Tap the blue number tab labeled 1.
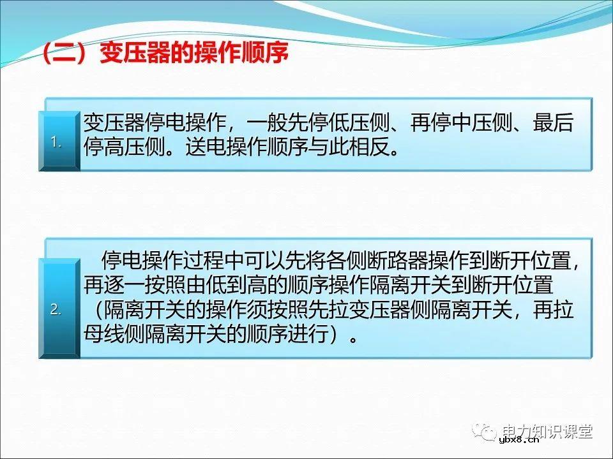tap(57, 142)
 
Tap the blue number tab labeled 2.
tap(57, 310)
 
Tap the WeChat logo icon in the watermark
tap(490, 434)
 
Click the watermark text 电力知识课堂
tap(548, 432)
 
